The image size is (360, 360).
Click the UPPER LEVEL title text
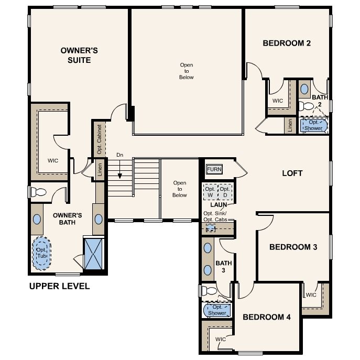(x=59, y=286)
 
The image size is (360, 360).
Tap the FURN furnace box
(x=214, y=169)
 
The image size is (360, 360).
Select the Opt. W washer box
(x=210, y=192)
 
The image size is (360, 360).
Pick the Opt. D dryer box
(x=225, y=192)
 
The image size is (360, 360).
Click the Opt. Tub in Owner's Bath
(x=42, y=253)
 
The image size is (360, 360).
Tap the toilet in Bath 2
(x=306, y=106)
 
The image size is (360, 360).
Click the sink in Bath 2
(x=304, y=89)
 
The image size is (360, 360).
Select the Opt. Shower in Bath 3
(x=217, y=310)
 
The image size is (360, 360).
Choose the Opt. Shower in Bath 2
(x=313, y=125)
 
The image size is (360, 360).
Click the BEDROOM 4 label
(x=267, y=317)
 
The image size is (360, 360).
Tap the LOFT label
(x=292, y=173)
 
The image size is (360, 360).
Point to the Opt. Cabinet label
(x=99, y=139)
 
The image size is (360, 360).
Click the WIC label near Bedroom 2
(x=278, y=101)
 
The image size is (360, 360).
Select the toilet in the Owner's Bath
(x=38, y=192)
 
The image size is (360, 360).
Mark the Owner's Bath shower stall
(x=93, y=254)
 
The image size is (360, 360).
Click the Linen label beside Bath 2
(x=290, y=125)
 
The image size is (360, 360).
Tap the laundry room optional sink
(x=211, y=228)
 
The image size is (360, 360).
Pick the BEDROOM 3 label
(x=293, y=247)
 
